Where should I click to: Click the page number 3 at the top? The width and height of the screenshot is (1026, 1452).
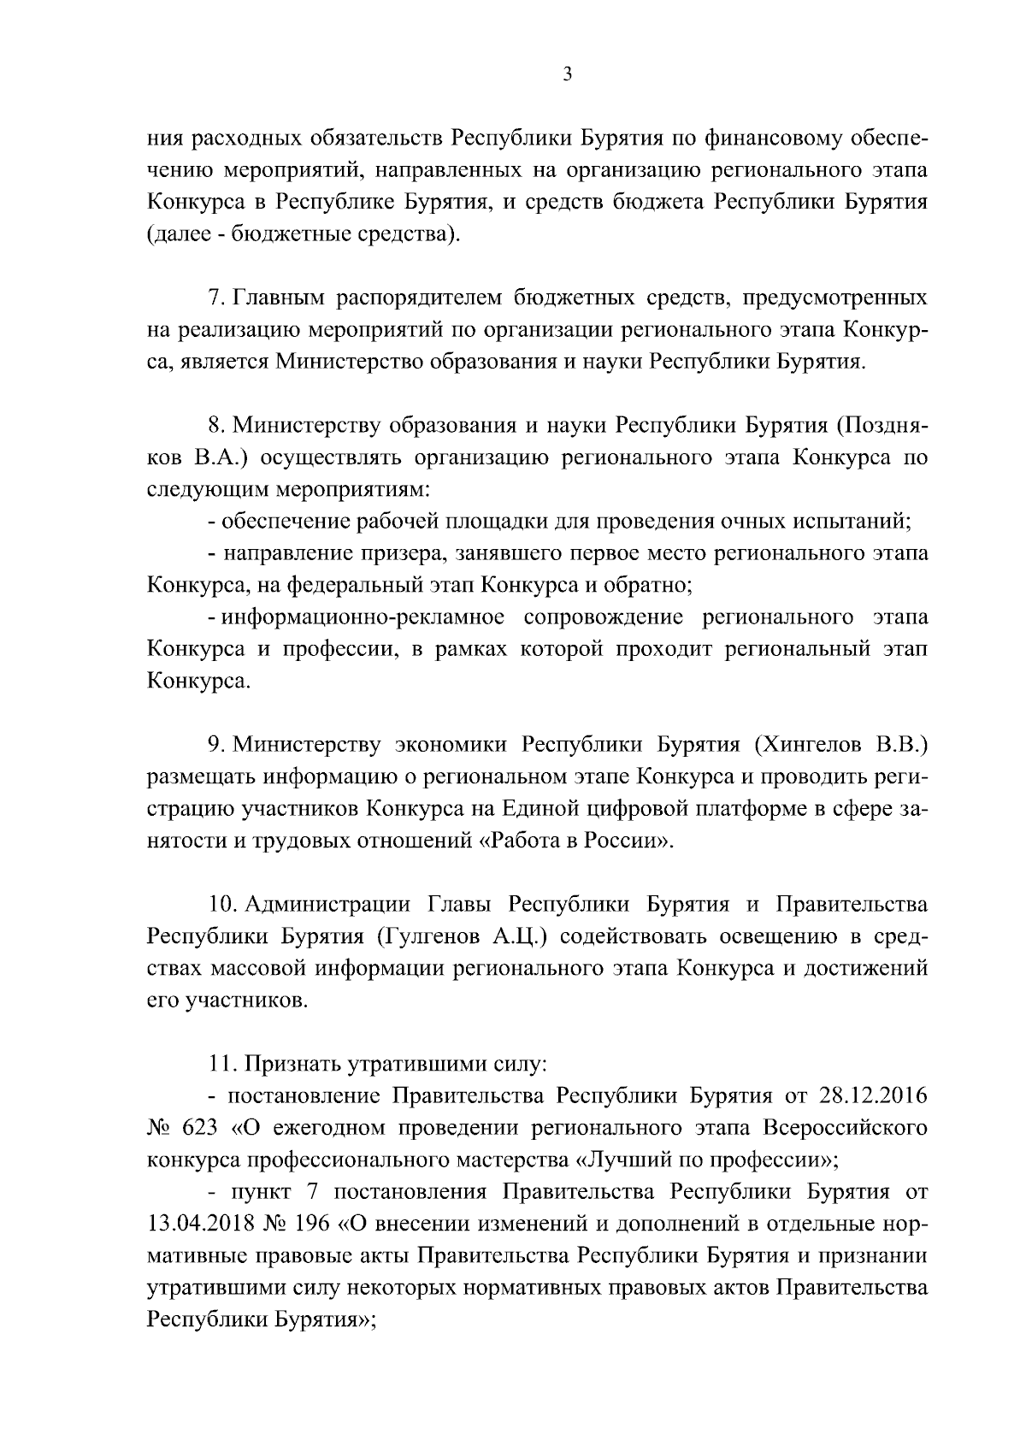pos(567,74)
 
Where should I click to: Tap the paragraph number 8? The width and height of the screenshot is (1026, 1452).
pos(215,425)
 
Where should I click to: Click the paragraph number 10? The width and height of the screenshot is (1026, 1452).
pos(221,905)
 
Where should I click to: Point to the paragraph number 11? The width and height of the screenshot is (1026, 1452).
pos(221,1065)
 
